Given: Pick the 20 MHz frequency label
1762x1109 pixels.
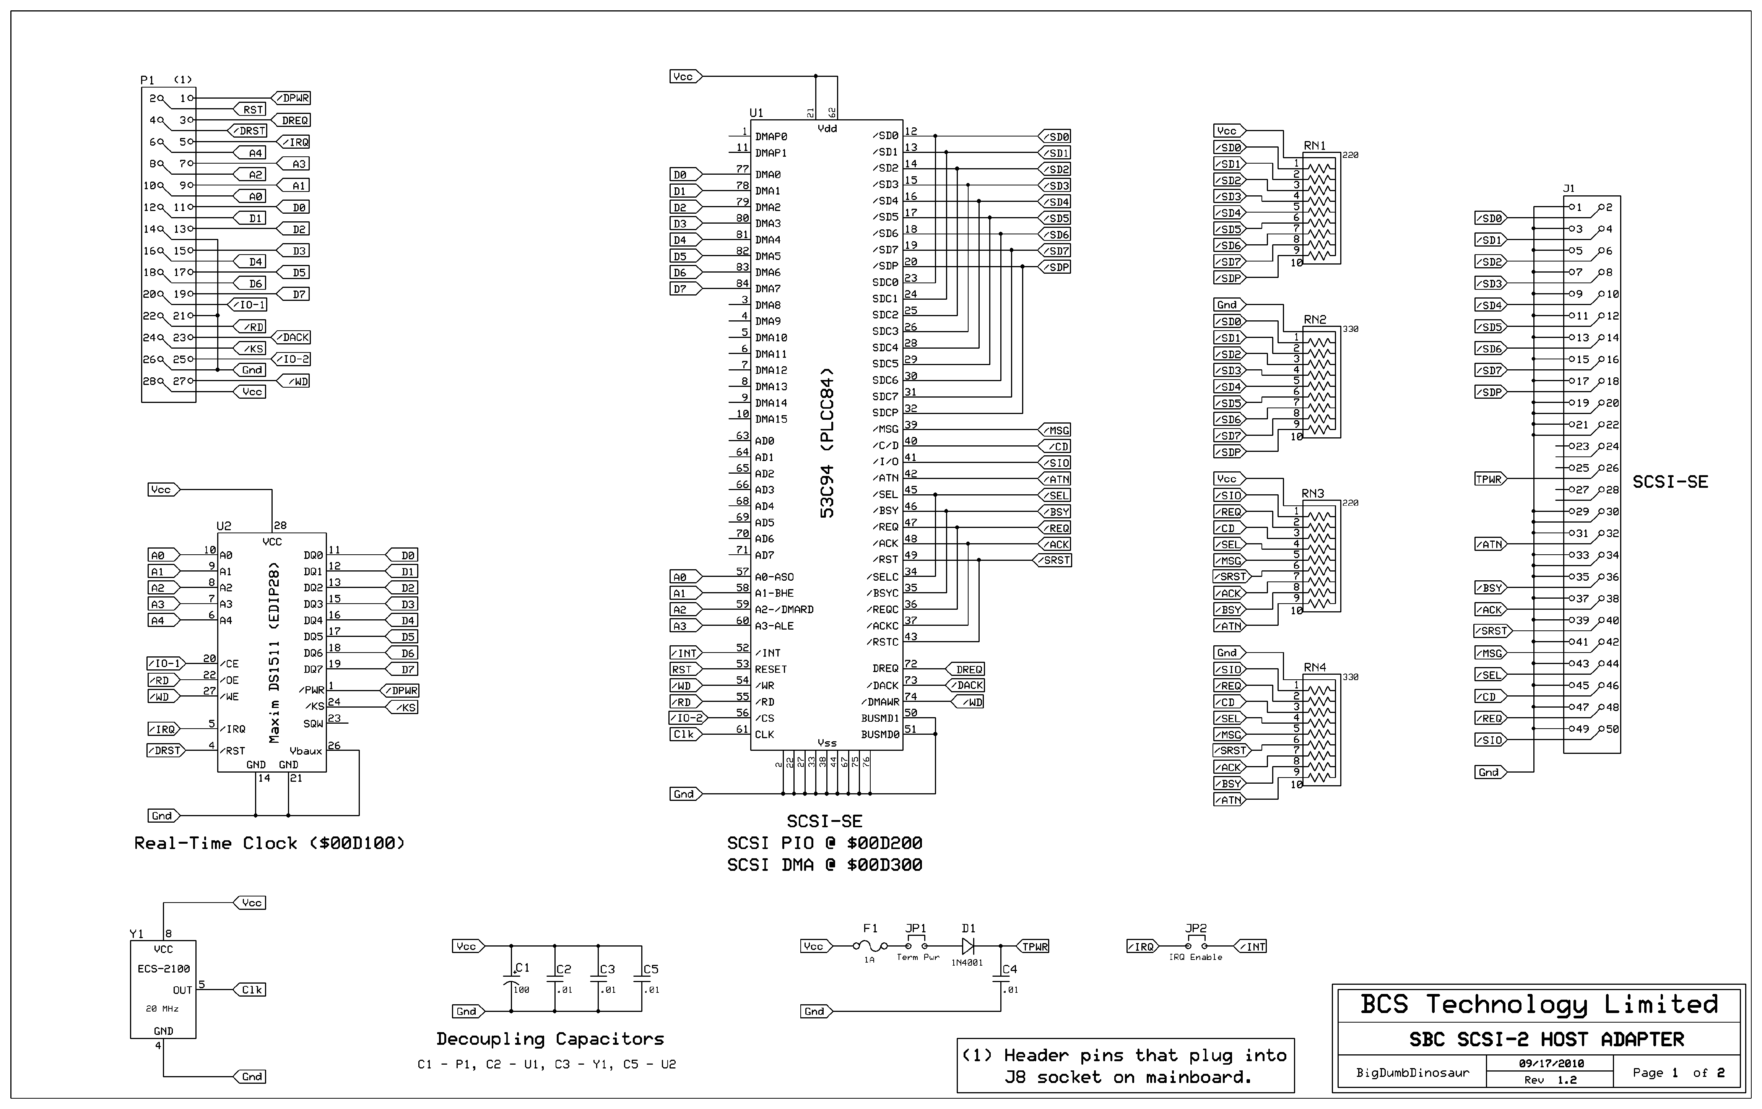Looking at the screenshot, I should [163, 1009].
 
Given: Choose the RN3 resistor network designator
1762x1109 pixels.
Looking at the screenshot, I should [1313, 494].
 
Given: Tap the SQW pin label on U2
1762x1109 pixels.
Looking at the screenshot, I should [313, 724].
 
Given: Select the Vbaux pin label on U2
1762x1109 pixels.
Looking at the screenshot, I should [306, 750].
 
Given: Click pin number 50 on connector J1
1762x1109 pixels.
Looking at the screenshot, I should [1612, 729].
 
